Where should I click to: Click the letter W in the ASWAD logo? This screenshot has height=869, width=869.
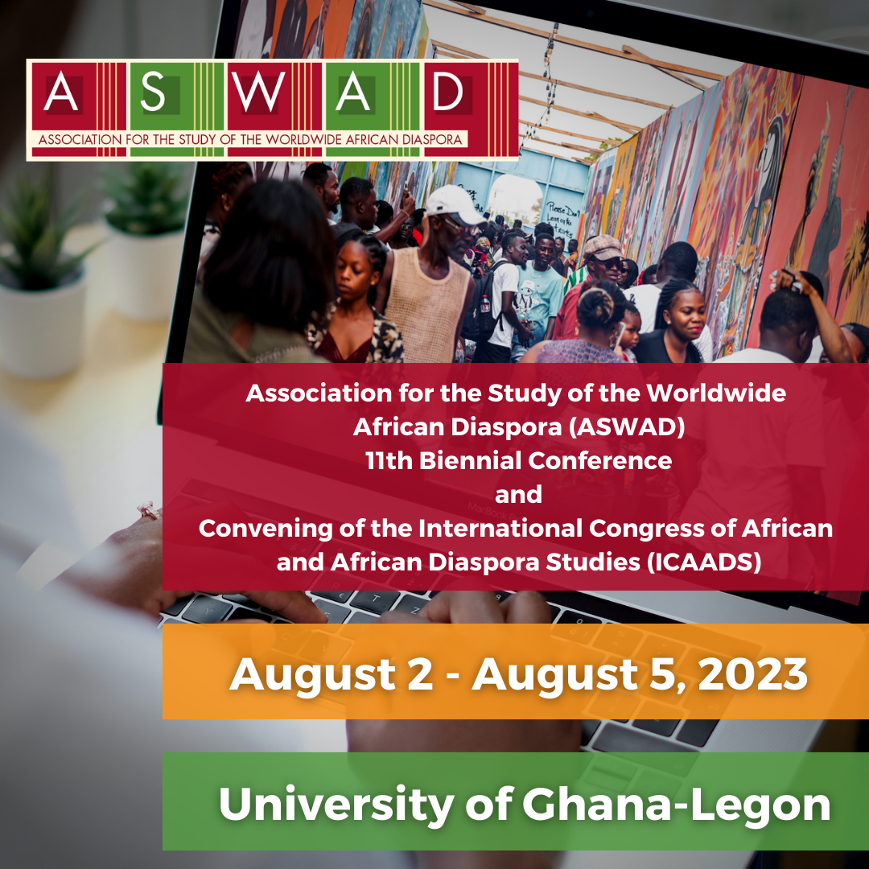[258, 92]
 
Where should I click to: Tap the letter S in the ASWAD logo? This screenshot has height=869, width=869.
[153, 92]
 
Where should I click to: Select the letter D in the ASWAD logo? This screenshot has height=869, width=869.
[448, 92]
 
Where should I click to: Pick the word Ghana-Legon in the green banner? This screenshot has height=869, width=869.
[676, 805]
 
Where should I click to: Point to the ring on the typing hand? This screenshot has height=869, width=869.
[148, 510]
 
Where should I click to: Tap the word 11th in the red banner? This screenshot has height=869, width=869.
[389, 461]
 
